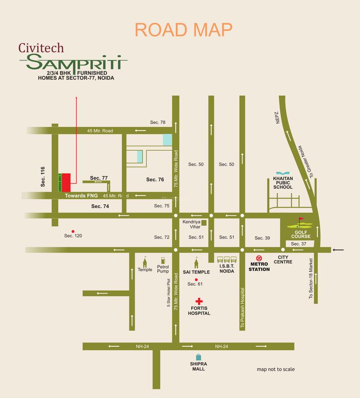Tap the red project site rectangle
(66, 182)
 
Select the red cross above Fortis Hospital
(199, 301)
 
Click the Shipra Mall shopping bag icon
(199, 357)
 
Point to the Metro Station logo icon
(259, 259)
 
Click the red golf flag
(301, 221)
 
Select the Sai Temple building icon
(197, 262)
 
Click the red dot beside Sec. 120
(72, 231)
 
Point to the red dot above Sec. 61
(196, 279)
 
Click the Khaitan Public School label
(283, 184)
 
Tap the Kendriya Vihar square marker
(204, 223)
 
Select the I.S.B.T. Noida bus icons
(226, 260)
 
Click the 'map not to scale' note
(275, 369)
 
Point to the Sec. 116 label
(43, 176)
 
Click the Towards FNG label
(81, 196)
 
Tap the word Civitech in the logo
(41, 47)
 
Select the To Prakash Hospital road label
(242, 307)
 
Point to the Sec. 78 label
(157, 122)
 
